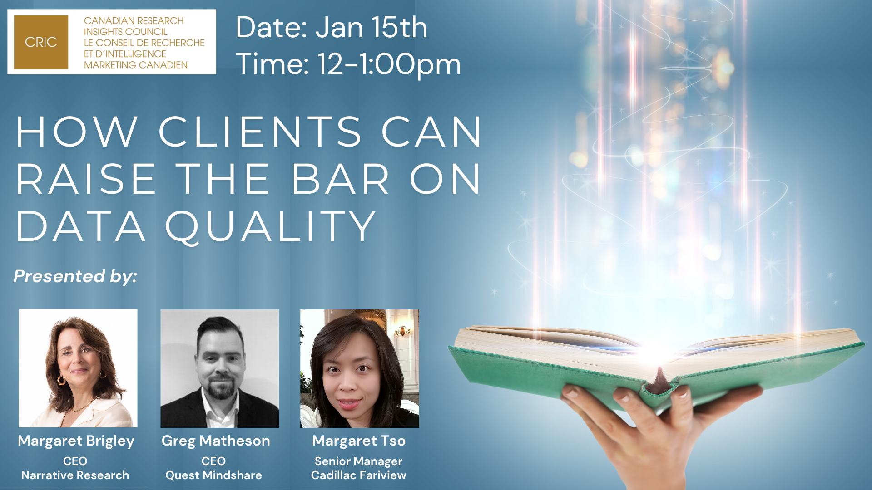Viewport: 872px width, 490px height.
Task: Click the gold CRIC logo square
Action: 41,42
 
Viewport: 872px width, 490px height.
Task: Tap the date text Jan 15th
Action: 371,27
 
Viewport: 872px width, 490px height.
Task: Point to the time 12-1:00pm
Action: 389,64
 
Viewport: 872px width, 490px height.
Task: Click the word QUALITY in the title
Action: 271,227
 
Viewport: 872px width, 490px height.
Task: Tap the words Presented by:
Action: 75,276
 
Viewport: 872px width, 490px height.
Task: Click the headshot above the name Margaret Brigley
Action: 78,368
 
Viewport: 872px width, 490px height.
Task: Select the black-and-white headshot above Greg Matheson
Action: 220,368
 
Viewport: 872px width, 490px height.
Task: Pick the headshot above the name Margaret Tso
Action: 360,368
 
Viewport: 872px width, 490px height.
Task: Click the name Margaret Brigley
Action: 76,441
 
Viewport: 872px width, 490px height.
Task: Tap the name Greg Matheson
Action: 216,441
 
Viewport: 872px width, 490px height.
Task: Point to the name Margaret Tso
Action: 359,441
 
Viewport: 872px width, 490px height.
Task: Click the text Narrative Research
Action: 75,475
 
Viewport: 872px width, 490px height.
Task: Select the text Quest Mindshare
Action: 213,475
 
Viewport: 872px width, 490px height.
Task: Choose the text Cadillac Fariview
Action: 359,475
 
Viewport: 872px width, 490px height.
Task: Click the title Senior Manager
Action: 359,461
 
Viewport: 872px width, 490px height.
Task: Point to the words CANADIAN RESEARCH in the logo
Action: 134,21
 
